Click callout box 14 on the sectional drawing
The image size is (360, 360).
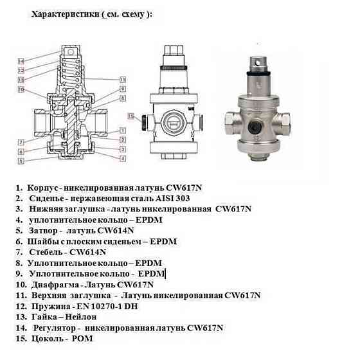21,61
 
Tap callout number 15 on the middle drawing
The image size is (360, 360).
132,117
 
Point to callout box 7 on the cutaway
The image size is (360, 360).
21,141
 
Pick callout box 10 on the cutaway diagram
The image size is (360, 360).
21,89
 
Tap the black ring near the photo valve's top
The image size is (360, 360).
262,76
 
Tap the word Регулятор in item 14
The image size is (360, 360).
53,327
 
